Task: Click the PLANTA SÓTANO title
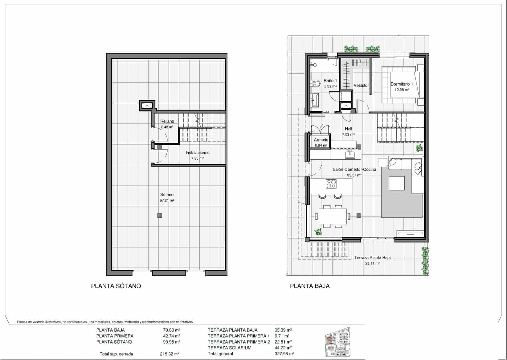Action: [x=116, y=286]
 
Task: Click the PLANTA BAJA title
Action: [x=310, y=286]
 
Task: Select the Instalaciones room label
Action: [x=197, y=153]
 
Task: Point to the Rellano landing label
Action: [x=167, y=121]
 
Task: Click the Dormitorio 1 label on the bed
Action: [x=401, y=84]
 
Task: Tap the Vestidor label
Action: [x=361, y=86]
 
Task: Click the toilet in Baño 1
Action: [x=316, y=84]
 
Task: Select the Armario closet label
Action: [x=321, y=140]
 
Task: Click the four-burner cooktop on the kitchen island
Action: [x=331, y=184]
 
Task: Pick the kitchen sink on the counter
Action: [x=350, y=155]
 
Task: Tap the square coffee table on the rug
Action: [x=396, y=183]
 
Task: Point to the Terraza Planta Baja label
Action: [x=372, y=258]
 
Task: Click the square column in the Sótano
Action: [x=160, y=216]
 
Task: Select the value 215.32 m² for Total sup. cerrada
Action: [x=170, y=354]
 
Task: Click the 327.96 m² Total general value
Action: [x=284, y=354]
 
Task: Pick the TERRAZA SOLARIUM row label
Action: [x=229, y=348]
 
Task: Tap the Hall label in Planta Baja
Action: [x=348, y=129]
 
